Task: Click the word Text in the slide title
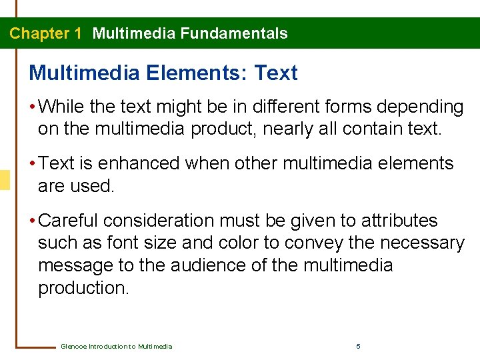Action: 276,73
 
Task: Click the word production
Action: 83,288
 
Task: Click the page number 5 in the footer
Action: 359,347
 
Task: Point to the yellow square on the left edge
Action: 5,180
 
